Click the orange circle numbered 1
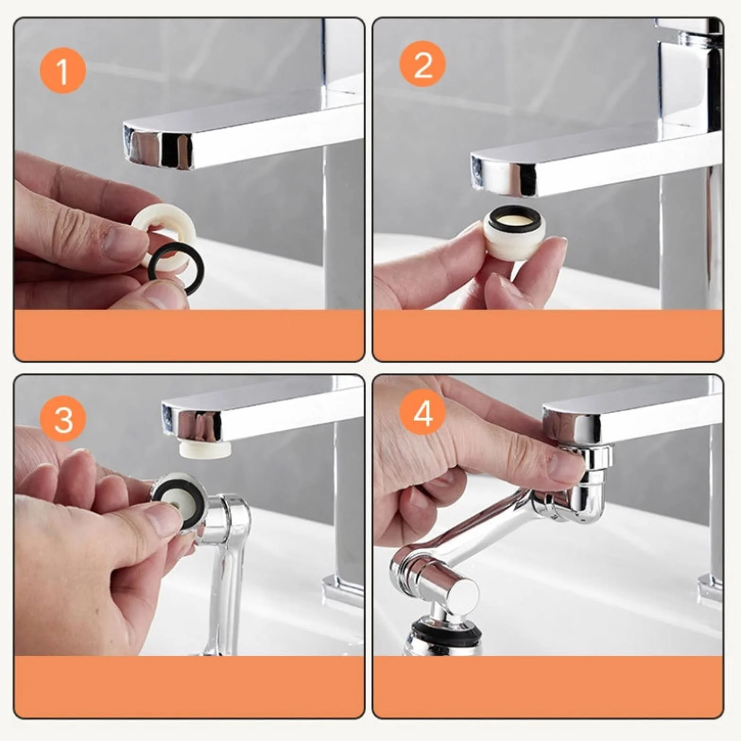pos(63,70)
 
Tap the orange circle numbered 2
pos(423,64)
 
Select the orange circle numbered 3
pos(63,418)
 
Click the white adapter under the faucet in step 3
pos(205,449)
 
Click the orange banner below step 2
pos(548,335)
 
